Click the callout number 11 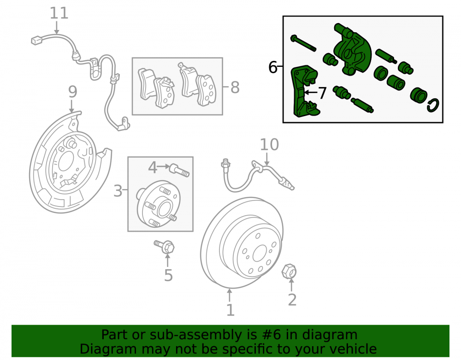coord(59,13)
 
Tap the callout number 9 coord(73,92)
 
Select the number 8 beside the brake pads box coord(235,87)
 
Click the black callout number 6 coord(272,67)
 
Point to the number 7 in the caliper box coord(323,93)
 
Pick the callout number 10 coord(269,145)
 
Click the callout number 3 coord(118,191)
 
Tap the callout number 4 coord(153,167)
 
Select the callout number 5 coord(168,275)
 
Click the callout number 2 coord(292,300)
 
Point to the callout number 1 coord(230,310)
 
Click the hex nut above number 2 coord(289,271)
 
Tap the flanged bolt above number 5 coord(165,246)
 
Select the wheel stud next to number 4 coord(179,170)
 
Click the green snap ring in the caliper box coord(433,105)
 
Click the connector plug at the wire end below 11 coord(37,40)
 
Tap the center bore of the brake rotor coord(259,253)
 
